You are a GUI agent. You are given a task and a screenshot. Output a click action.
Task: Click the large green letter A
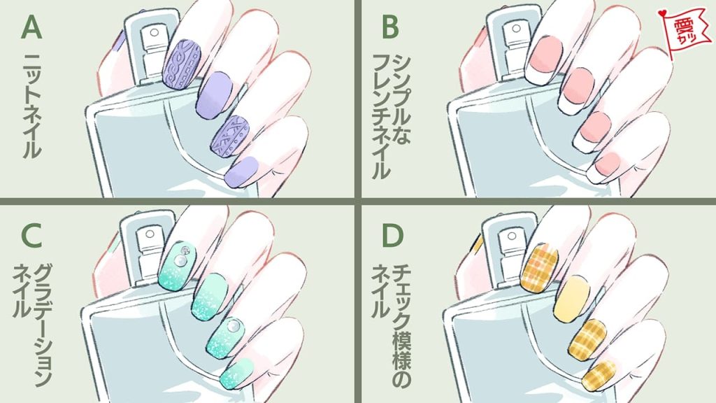coord(31,27)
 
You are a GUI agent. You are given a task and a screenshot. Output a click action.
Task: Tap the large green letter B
coord(391,27)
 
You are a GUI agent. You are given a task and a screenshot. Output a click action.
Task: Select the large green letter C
coord(31,235)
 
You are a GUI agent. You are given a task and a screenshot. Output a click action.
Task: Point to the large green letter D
coord(392,235)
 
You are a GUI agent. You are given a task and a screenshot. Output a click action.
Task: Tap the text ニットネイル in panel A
coord(32,105)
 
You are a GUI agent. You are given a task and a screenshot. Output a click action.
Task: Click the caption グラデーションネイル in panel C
coord(32,325)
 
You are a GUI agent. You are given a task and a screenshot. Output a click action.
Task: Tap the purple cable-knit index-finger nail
coord(182,64)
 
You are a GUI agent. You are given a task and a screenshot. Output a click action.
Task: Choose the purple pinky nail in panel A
coord(241,172)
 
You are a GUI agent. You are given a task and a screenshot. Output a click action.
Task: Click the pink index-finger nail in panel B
coord(545,54)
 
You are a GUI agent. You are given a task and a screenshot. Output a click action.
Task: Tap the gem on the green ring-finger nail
coord(232,325)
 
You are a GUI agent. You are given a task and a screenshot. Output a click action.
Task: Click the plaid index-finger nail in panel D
coord(539,267)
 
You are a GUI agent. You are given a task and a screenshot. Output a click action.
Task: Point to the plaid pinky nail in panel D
coord(599,376)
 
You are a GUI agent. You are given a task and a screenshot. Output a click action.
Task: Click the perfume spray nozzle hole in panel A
coord(155,32)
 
